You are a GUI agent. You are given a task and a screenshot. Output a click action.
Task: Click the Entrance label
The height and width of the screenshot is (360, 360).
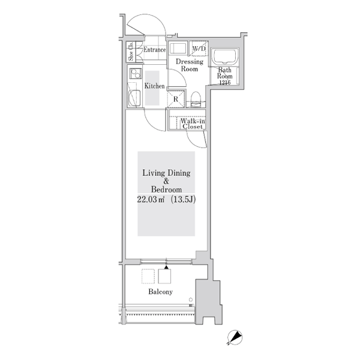(x=155, y=50)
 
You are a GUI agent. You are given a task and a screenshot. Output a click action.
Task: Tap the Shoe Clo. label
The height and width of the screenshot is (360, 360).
(x=131, y=52)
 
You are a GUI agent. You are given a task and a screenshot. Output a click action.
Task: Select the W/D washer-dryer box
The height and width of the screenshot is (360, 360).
(x=199, y=49)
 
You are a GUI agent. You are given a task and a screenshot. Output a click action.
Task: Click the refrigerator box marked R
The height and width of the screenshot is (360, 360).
(x=176, y=99)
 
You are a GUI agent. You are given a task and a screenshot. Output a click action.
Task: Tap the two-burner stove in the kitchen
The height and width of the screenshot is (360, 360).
(x=136, y=74)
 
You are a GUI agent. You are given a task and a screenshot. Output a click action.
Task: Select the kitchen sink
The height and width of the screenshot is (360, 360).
(x=134, y=98)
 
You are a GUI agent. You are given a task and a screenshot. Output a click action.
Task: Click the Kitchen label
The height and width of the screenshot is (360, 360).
(x=155, y=86)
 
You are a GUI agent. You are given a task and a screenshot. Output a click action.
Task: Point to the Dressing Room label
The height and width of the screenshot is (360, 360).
(x=190, y=65)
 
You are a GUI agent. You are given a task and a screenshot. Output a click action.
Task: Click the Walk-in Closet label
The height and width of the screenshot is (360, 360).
(x=193, y=124)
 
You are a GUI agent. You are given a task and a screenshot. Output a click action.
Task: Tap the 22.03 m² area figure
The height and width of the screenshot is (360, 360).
(x=151, y=199)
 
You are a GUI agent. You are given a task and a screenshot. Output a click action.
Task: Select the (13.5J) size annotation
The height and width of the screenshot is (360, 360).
(x=183, y=199)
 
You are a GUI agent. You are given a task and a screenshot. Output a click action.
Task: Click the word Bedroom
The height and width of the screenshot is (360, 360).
(x=166, y=190)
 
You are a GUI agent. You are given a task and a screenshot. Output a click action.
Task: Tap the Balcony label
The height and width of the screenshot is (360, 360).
(x=160, y=292)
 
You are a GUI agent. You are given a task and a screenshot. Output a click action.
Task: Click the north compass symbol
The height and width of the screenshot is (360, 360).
(x=235, y=338)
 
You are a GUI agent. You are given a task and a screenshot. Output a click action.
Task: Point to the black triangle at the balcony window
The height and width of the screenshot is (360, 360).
(x=166, y=267)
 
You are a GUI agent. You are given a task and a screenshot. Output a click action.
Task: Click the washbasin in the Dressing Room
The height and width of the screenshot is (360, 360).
(x=178, y=48)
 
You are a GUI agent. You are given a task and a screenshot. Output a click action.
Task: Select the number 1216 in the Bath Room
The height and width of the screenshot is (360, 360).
(x=225, y=82)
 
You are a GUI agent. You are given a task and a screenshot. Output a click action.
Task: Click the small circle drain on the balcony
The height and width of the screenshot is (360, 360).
(x=191, y=299)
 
